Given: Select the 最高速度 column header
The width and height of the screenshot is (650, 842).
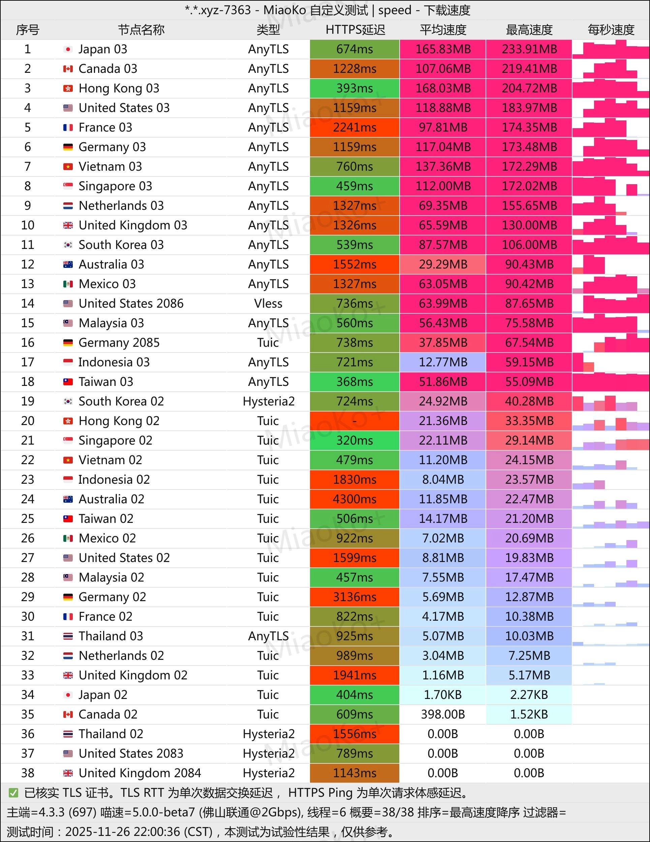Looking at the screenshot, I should click(x=529, y=30).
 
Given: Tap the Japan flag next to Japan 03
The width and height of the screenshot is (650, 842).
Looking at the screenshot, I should click(x=68, y=49).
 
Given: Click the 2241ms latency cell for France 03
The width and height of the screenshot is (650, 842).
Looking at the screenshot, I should click(x=354, y=128).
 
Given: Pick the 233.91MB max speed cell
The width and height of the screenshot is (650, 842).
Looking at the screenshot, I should click(x=529, y=49).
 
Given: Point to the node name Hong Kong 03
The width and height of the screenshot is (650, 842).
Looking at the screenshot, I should click(x=119, y=88).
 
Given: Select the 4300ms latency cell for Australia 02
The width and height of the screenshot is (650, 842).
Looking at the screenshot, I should click(x=354, y=499).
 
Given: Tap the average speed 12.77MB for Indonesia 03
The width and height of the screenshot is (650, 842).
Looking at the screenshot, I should click(x=443, y=362).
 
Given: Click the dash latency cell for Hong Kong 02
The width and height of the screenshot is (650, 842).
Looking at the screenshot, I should click(x=354, y=421).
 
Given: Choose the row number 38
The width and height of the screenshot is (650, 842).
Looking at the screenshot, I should click(x=28, y=773).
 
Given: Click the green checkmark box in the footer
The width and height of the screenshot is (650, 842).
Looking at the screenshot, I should click(x=13, y=793).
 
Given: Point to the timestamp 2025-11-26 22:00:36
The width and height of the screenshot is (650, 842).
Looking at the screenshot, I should click(x=138, y=832).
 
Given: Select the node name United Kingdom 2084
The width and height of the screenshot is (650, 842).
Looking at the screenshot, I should click(x=140, y=773).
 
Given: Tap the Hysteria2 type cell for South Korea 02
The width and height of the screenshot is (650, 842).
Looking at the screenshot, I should click(x=269, y=401).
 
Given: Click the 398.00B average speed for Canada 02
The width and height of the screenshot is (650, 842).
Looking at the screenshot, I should click(x=443, y=714).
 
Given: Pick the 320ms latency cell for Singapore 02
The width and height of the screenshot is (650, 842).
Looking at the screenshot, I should click(x=354, y=441).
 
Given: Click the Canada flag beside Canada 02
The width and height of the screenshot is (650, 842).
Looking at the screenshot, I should click(x=68, y=714).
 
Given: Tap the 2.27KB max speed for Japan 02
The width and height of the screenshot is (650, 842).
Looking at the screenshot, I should click(x=529, y=695).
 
